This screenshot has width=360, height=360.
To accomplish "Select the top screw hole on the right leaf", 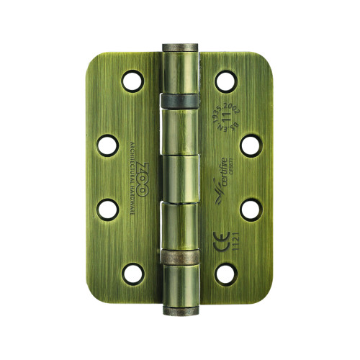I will [227, 81].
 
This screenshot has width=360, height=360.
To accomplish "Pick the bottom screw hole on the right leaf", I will [227, 273].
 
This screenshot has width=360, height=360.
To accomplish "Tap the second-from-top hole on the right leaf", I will [250, 145].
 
